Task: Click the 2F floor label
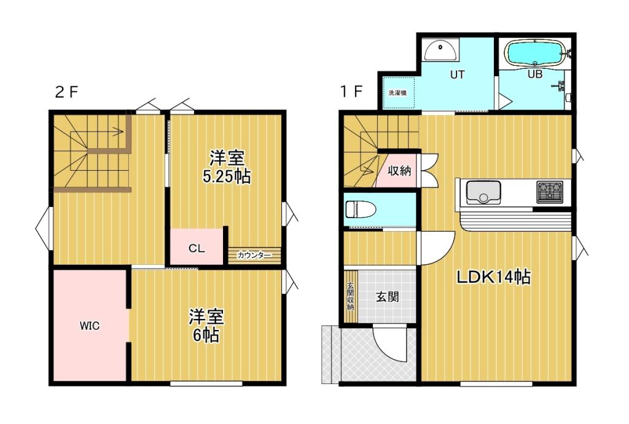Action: click(67, 92)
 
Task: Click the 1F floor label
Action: click(352, 92)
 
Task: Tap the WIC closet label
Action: click(89, 326)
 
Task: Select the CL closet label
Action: click(196, 249)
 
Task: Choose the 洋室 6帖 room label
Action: click(206, 326)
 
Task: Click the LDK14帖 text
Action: click(493, 277)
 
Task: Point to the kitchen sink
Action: click(483, 192)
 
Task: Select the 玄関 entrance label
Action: click(387, 297)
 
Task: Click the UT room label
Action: click(457, 76)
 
